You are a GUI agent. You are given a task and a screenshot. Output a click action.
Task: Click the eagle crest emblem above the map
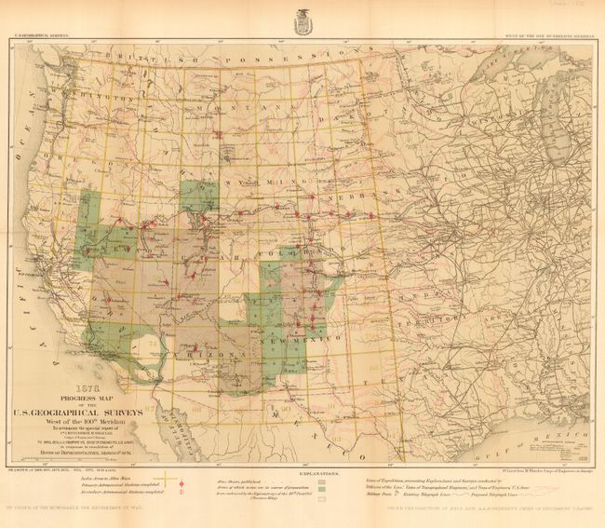302,20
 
